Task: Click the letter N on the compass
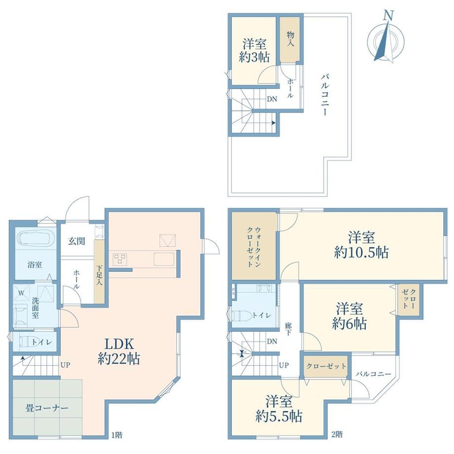coord(388,15)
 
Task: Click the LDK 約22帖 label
coord(119,351)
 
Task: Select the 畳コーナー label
coord(47,408)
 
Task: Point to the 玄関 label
coord(76,241)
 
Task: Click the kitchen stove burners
coord(120,259)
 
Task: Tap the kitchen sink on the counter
coord(164,259)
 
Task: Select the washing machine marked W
coord(21,293)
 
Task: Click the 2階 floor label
coord(338,435)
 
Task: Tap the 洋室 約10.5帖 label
coord(361,245)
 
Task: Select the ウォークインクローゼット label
coord(254,247)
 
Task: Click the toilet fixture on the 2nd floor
coord(242,315)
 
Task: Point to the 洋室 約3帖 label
coord(254,51)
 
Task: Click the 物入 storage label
coord(290,39)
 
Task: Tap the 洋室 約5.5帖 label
coord(279,409)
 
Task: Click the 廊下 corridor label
coord(288,329)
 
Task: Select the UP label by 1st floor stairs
coord(66,365)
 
